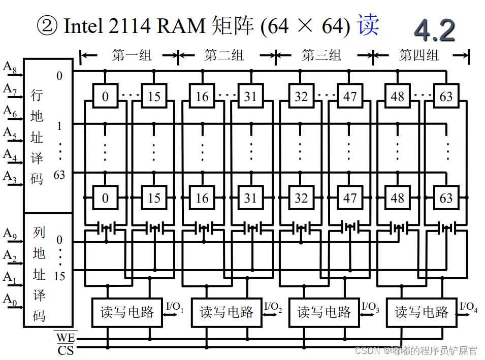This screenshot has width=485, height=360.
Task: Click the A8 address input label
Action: click(10, 67)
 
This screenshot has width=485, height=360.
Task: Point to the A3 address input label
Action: click(10, 177)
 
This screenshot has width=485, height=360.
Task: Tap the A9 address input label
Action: click(10, 234)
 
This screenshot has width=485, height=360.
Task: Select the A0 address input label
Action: click(10, 300)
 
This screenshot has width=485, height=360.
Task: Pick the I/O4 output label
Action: click(468, 307)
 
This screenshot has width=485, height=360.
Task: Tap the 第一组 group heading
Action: click(132, 55)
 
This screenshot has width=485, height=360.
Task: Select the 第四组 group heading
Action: click(419, 55)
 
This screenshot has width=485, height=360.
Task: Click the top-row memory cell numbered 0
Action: click(105, 96)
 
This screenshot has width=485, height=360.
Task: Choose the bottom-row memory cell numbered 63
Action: click(446, 198)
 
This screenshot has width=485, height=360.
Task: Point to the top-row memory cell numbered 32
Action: click(301, 96)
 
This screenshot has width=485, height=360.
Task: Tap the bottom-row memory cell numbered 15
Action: click(154, 198)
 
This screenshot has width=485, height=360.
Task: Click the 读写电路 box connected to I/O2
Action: click(226, 312)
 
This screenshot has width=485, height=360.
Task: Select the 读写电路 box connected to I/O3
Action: click(324, 312)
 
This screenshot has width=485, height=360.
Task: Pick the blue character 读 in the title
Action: click(368, 25)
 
